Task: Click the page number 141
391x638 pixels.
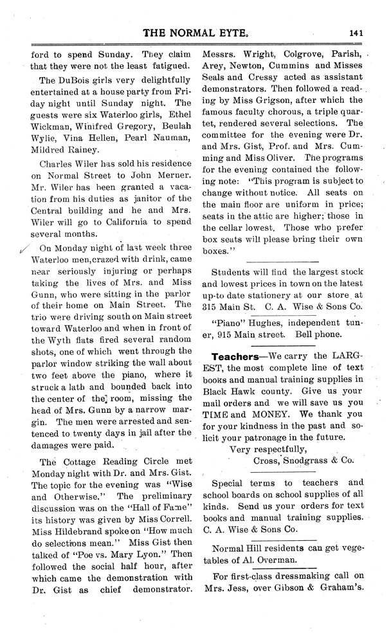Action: tap(358, 37)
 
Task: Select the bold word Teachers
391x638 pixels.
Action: tap(239, 356)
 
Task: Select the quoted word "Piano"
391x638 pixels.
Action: tap(227, 323)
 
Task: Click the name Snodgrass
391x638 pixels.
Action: tap(308, 460)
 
